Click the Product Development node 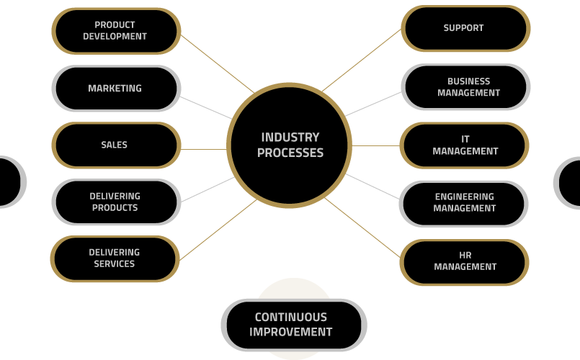116,31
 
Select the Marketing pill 116,89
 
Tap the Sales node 116,145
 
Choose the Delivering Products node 116,202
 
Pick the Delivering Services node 115,258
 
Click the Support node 465,29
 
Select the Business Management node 465,87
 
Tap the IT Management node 464,145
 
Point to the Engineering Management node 463,204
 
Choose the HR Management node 464,262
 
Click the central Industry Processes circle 289,145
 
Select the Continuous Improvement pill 294,325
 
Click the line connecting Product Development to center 218,64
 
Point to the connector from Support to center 362,60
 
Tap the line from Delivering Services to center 218,230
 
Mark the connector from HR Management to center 362,228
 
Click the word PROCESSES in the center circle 290,153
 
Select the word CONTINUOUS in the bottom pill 291,317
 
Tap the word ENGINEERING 465,197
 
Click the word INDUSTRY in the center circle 290,138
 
